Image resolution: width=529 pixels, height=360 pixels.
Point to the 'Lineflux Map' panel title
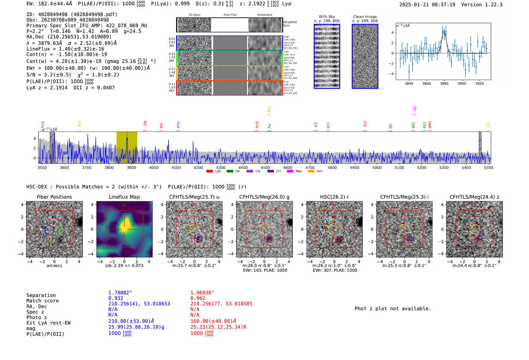(124, 197)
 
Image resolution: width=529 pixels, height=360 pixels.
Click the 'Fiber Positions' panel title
(54, 197)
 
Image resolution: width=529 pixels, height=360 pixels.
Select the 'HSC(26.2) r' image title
(334, 197)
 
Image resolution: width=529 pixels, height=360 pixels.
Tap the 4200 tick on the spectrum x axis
(198, 167)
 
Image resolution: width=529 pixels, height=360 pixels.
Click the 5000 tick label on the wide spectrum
(377, 167)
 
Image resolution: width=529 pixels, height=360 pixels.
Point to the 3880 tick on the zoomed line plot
(444, 83)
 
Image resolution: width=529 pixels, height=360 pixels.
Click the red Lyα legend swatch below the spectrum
(209, 171)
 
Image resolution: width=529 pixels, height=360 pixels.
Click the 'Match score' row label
(42, 301)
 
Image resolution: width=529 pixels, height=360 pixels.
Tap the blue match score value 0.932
(116, 298)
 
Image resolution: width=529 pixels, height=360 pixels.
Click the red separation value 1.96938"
(202, 293)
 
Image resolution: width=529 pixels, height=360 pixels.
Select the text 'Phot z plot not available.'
(393, 309)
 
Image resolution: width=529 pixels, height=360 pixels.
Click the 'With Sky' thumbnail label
(326, 17)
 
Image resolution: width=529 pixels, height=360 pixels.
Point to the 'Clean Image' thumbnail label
(365, 17)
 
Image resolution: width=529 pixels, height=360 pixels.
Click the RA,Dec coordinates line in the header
(69, 37)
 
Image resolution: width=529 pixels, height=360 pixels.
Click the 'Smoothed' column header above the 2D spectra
(264, 15)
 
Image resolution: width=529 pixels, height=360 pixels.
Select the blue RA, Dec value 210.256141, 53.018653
(139, 304)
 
